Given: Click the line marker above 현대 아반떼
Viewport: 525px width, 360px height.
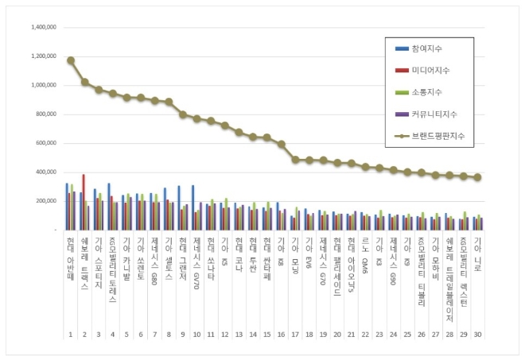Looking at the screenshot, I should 71,60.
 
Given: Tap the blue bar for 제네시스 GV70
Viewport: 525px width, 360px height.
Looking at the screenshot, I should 192,207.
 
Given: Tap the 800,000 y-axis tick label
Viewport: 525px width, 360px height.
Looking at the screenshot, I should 43,114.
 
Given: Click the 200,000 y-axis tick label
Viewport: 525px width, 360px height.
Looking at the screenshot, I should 43,200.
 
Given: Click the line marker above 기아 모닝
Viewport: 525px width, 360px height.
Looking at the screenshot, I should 295,160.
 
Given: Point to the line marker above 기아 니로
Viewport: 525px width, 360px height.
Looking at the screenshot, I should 477,177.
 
